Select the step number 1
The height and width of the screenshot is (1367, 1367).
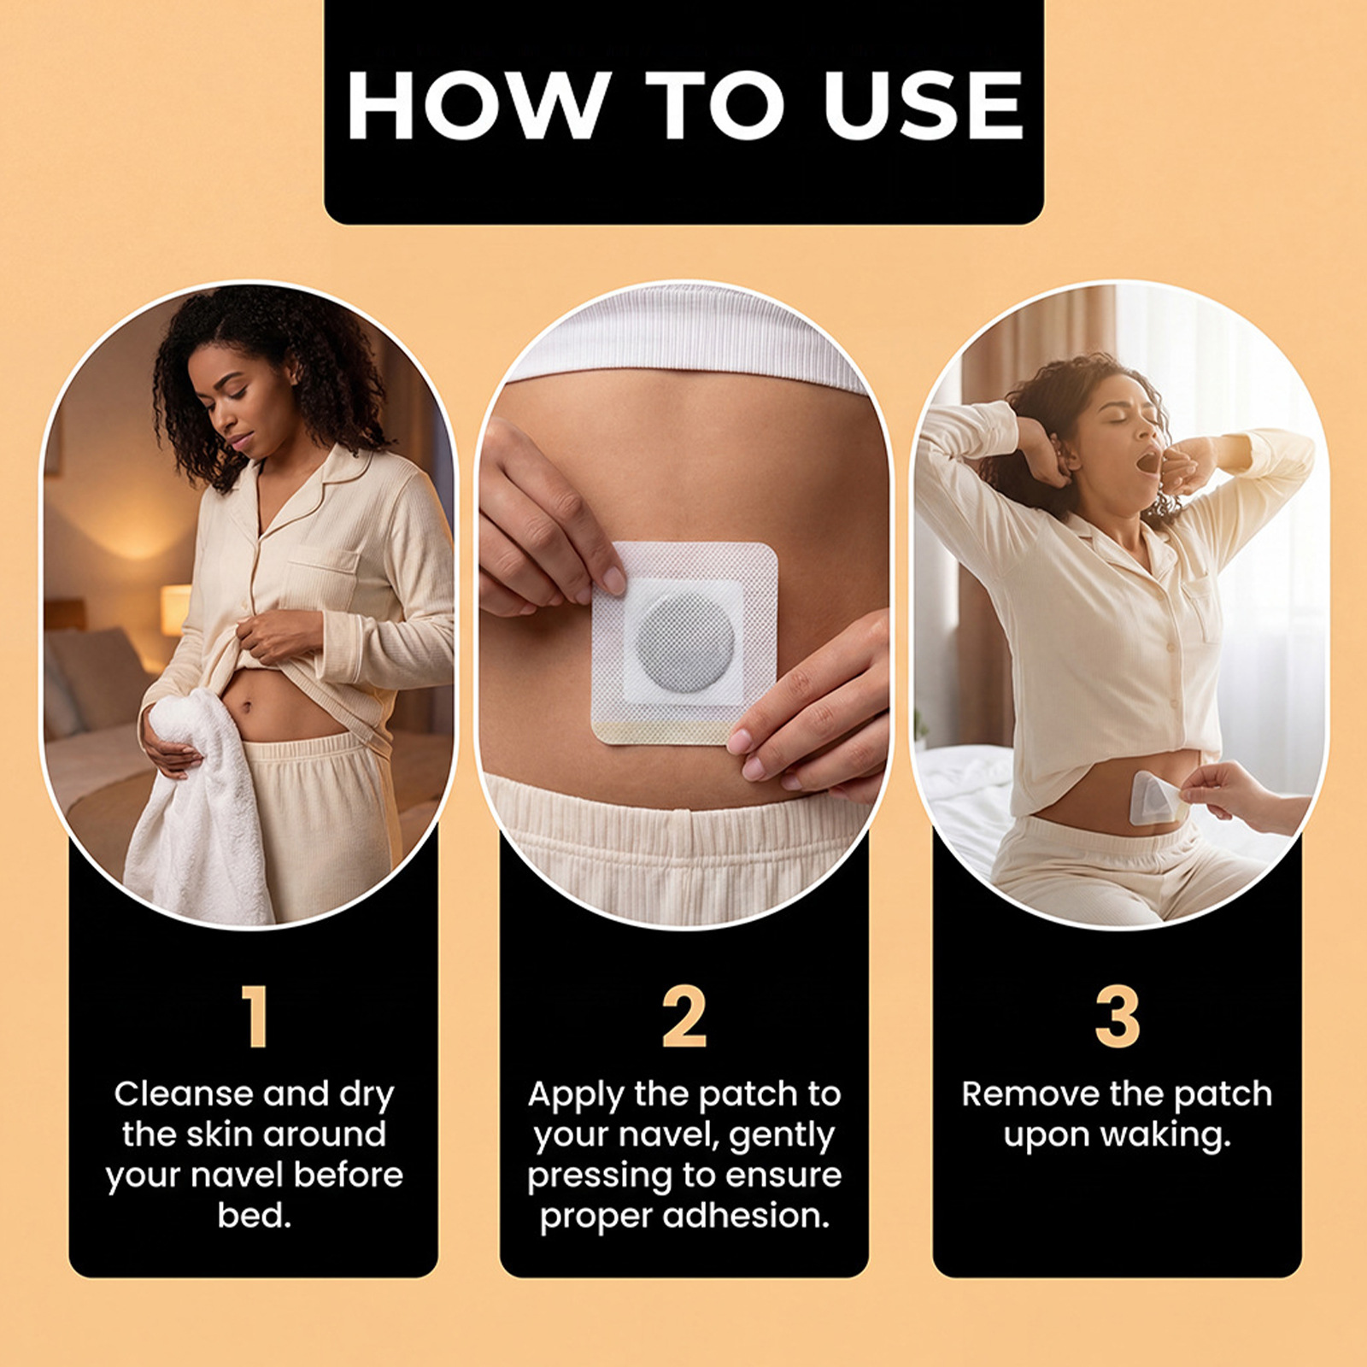pyautogui.click(x=255, y=1016)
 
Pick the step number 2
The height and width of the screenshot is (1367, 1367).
pyautogui.click(x=684, y=1016)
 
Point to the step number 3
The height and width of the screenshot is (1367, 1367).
pyautogui.click(x=1118, y=1016)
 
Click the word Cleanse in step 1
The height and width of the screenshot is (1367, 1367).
pyautogui.click(x=184, y=1094)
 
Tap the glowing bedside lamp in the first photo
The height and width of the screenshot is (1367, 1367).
pyautogui.click(x=174, y=608)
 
